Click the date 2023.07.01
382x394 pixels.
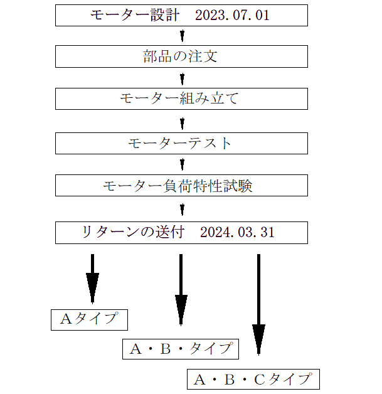(x=232, y=16)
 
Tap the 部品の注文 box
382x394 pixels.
(x=181, y=57)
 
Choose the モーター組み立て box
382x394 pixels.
(x=181, y=99)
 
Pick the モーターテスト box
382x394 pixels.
(x=181, y=143)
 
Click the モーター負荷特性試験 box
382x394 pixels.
(x=181, y=186)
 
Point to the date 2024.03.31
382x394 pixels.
(x=237, y=233)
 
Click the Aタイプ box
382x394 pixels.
(x=89, y=319)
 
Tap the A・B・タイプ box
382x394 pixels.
(x=181, y=349)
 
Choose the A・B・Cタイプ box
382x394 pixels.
(x=253, y=380)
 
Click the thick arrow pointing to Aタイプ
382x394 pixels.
(x=92, y=279)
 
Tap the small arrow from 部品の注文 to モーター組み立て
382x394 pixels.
(x=182, y=78)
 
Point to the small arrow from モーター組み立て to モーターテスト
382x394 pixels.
(x=182, y=121)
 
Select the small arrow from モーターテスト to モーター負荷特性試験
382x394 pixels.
(x=182, y=164)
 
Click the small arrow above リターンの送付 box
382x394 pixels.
(x=182, y=208)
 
